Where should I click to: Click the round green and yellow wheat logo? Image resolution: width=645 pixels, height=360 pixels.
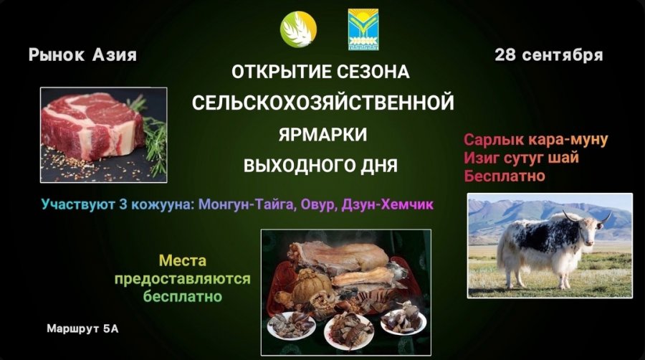299,29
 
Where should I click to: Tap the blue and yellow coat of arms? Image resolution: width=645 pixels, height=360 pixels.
363,30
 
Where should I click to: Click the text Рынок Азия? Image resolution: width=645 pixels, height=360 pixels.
82,55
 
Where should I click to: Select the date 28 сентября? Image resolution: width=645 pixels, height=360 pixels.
549,55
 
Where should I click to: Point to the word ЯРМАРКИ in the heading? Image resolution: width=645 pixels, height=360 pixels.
322,134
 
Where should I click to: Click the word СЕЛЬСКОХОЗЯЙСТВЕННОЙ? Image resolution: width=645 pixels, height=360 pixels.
323,103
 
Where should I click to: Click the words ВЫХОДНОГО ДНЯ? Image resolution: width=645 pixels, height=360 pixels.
320,166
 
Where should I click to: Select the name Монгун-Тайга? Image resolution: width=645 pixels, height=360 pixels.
247,204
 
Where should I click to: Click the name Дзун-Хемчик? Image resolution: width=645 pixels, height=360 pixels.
388,204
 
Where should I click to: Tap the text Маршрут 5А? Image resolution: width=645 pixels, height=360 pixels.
82,328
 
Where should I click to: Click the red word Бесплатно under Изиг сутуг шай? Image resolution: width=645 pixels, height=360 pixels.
505,176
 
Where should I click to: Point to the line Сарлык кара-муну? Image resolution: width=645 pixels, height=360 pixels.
535,140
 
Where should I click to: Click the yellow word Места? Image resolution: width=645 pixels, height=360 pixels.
183,260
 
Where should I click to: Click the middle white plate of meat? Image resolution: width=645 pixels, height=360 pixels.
349,331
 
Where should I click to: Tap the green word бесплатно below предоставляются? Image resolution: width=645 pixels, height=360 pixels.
183,296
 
